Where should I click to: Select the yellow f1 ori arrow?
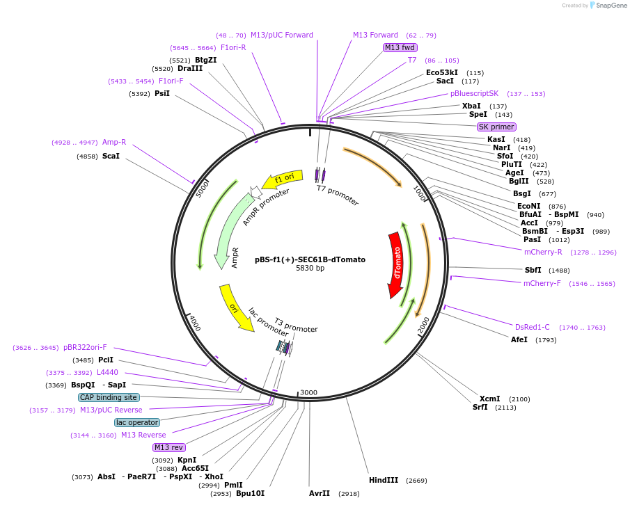tap(284, 179)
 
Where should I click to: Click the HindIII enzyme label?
tap(384, 480)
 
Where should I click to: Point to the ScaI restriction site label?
tap(111, 157)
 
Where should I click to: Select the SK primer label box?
tap(496, 127)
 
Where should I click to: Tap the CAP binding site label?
tap(109, 397)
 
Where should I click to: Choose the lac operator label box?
tap(137, 422)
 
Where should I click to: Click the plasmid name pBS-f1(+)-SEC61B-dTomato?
tap(310, 259)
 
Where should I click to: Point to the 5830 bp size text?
tap(310, 268)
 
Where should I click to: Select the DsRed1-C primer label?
tap(532, 327)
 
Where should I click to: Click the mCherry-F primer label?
tap(542, 283)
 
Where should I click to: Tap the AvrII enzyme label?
tap(320, 493)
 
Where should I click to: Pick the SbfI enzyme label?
tap(533, 270)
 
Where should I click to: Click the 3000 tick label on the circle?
tap(308, 392)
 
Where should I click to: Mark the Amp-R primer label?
tap(114, 142)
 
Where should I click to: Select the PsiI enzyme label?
tap(162, 93)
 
